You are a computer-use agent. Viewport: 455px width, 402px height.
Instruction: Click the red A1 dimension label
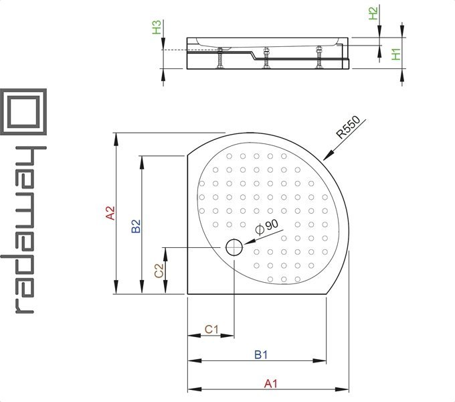click(x=271, y=384)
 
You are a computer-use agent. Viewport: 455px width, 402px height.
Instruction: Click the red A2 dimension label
click(x=110, y=212)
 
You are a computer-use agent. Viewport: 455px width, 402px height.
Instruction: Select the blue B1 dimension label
click(x=261, y=354)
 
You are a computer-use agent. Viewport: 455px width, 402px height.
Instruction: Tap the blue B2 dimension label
click(x=136, y=226)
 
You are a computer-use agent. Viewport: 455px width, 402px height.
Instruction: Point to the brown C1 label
click(x=211, y=330)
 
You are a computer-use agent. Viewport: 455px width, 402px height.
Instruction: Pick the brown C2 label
click(x=159, y=271)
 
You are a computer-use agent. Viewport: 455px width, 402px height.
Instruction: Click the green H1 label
click(x=396, y=54)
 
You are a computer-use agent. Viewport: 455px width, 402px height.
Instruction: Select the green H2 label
click(x=373, y=13)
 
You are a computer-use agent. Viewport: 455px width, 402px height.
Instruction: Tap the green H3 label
click(x=157, y=27)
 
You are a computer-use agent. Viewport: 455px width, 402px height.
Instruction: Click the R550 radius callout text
click(x=348, y=127)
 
